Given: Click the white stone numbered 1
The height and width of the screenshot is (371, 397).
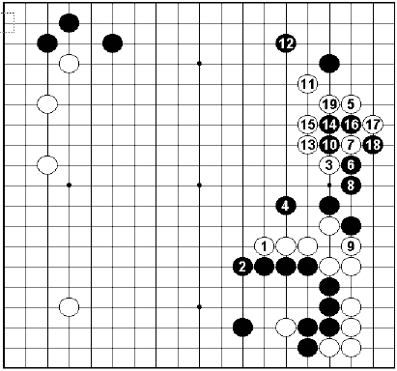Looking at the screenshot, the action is pos(265,245).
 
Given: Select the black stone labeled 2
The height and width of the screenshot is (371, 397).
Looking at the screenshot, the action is pos(242,266).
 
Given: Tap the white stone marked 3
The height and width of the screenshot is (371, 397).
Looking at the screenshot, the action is pos(329,164).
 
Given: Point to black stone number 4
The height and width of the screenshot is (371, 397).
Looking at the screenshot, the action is pos(286,205).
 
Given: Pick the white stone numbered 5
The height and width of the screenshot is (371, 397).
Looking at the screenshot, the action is pos(351,104).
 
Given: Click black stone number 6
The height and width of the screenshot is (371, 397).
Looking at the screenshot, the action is pos(351,164).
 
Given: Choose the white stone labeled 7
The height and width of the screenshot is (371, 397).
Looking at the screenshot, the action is pos(351,144).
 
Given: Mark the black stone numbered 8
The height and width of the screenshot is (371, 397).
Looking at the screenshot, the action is pos(351,185).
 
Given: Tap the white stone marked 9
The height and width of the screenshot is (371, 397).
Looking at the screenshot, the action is pos(351,245).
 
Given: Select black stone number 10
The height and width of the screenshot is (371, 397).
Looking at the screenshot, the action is pos(329,144).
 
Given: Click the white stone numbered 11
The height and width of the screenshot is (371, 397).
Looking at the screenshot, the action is pos(308,84).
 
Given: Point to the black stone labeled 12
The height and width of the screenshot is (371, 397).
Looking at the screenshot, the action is pos(286,43).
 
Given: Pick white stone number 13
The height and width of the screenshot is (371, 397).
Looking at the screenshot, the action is pos(308,144).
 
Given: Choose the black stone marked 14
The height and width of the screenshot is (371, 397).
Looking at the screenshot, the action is pos(329,124).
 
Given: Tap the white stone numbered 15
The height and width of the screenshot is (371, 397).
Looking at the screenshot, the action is pos(308,124).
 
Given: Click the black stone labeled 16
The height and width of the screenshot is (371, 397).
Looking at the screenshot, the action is pos(351,124).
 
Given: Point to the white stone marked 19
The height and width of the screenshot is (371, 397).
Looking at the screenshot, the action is pos(329,104).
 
